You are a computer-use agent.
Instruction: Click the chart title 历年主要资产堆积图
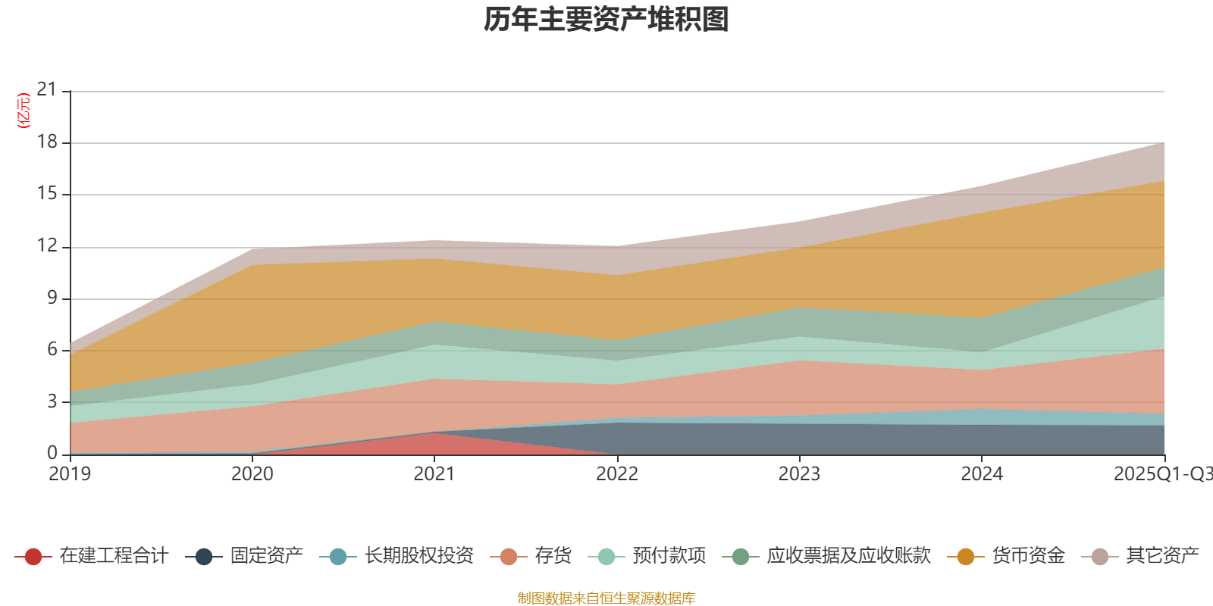point(606,20)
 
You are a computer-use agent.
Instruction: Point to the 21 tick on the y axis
point(47,90)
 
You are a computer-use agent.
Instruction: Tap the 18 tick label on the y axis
point(47,142)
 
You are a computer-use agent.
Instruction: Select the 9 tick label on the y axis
point(52,298)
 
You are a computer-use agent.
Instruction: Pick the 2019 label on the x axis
point(70,474)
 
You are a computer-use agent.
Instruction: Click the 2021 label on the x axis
point(434,474)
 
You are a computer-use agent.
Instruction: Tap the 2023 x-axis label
point(799,474)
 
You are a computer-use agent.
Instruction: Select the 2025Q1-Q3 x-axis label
point(1162,474)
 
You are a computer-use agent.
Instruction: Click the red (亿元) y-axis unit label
point(24,111)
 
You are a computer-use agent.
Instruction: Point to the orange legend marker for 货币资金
point(966,557)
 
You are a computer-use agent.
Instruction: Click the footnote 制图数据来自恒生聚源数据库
point(606,598)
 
